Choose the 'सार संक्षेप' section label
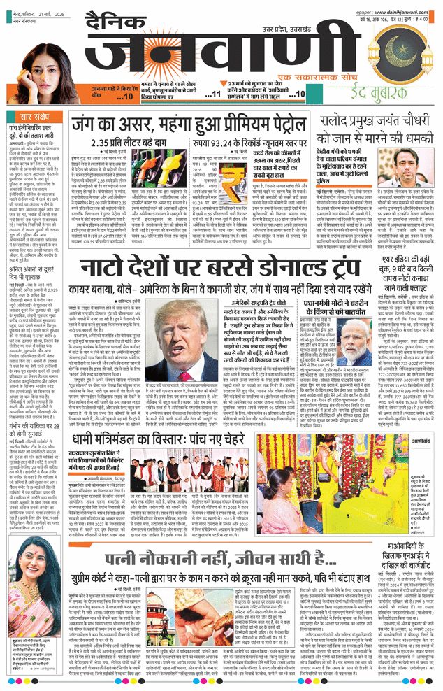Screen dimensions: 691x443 (x=36, y=115)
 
